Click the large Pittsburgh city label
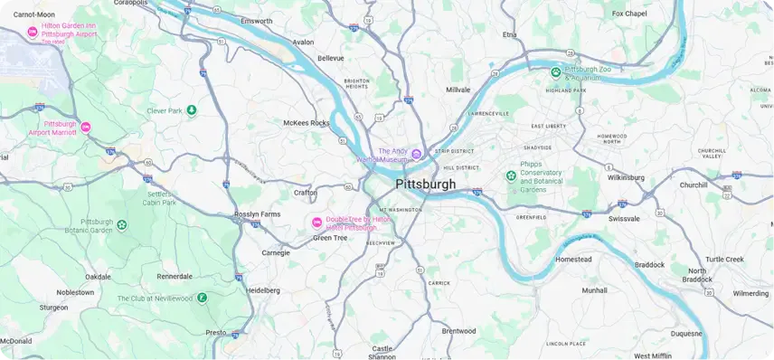pos(425,185)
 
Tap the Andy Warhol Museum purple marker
pos(417,155)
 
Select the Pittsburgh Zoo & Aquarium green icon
pos(557,72)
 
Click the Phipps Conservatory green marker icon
pos(512,175)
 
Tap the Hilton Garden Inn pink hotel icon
pos(33,33)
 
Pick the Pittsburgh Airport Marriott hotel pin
pos(86,128)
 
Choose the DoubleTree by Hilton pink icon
pos(316,223)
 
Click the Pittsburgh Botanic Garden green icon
pos(122,224)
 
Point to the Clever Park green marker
pos(192,110)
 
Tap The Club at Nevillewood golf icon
pos(203,297)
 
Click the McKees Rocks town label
pos(307,122)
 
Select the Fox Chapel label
pos(629,14)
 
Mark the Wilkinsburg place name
pos(626,177)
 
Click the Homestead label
pos(573,259)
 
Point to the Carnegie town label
pos(276,252)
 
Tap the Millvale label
pos(458,90)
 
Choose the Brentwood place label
pos(458,331)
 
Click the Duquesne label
pos(685,333)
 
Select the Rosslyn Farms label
pos(258,214)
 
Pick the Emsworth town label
pos(257,21)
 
